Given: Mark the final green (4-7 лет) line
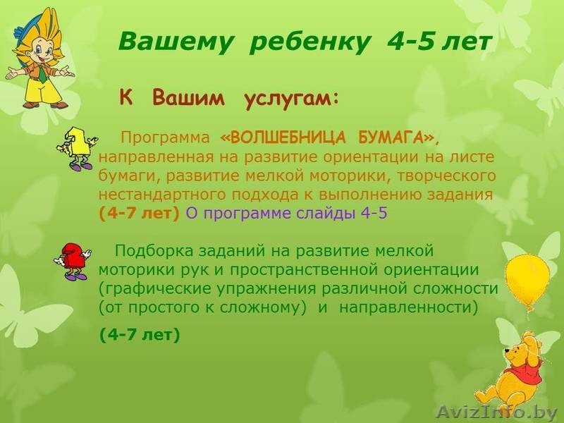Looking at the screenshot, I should (x=140, y=336).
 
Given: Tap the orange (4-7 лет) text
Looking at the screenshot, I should (x=140, y=213).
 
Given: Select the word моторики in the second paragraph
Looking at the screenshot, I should (x=132, y=269).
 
